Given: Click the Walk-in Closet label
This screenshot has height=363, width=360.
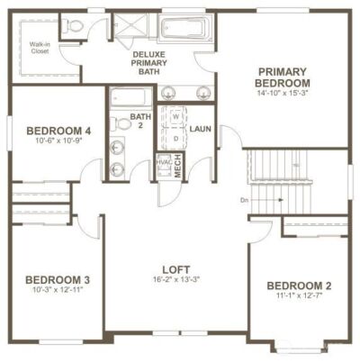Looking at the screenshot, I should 39,46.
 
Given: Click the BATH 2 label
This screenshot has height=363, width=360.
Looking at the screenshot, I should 139,123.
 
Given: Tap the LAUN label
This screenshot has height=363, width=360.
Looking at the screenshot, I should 201,130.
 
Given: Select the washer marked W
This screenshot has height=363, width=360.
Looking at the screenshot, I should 175,117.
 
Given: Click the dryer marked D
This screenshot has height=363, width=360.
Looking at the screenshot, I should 175,138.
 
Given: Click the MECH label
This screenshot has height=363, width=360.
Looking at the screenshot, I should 177,165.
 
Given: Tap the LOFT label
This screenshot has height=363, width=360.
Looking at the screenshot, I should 175,269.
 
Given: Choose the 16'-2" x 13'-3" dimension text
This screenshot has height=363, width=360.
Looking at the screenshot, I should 175,281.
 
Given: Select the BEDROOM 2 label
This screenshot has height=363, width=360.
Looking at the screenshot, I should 300,286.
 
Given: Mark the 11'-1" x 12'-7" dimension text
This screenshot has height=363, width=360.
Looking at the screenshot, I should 300,298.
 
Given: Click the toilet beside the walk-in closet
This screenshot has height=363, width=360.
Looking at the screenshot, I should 75,26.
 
